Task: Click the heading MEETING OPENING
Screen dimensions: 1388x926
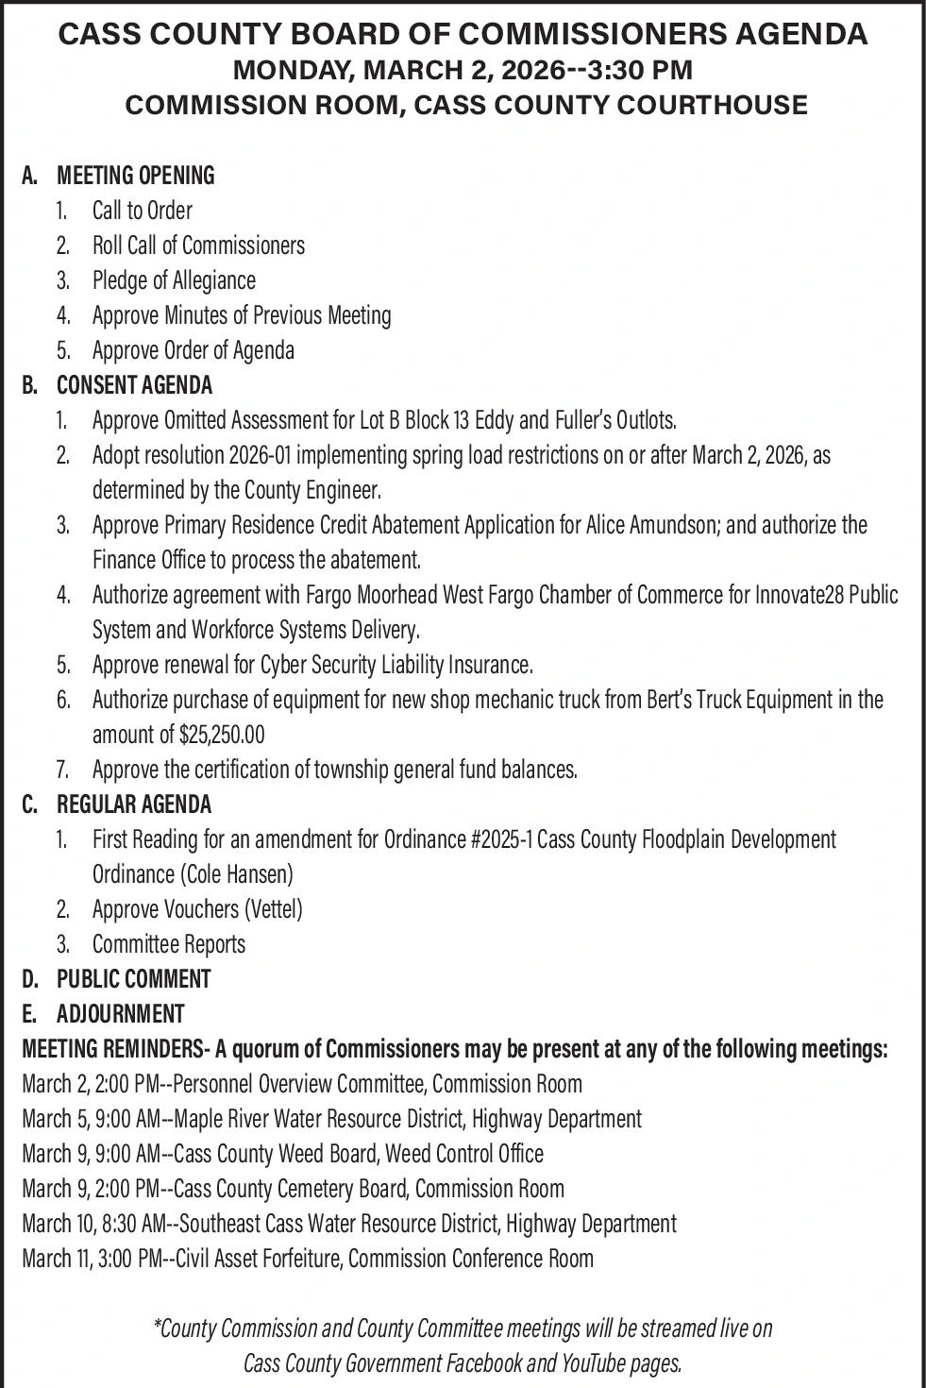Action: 136,176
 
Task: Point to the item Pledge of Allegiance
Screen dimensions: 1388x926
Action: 174,280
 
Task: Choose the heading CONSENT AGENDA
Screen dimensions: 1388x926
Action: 134,385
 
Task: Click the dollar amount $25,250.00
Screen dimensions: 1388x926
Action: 222,735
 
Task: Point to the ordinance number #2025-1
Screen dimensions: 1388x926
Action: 501,839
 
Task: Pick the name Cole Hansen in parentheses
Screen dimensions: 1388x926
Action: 237,874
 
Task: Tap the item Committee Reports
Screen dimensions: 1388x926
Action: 168,944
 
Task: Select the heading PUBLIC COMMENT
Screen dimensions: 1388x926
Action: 133,979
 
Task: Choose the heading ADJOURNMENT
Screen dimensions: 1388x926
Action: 120,1014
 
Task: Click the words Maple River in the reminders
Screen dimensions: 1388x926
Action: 224,1119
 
